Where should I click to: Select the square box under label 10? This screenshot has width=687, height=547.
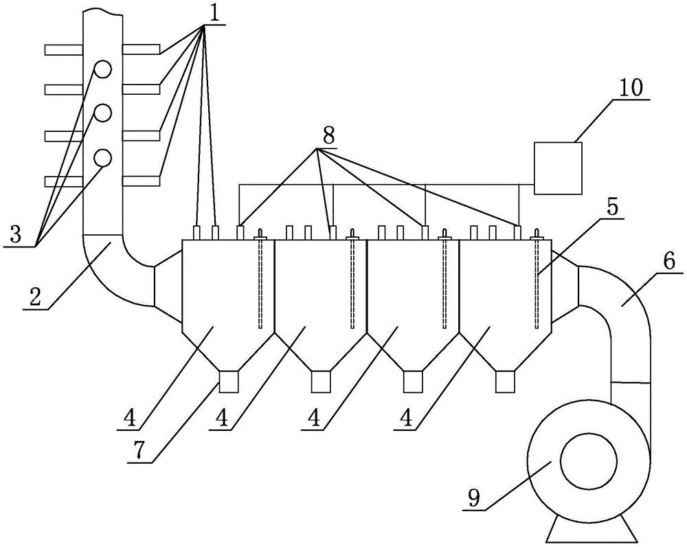(x=559, y=167)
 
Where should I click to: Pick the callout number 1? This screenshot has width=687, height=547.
(x=214, y=12)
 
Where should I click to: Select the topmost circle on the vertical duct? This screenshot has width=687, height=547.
(x=103, y=69)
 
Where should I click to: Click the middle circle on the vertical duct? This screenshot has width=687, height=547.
(x=103, y=113)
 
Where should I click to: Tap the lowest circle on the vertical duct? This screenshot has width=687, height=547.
(x=103, y=157)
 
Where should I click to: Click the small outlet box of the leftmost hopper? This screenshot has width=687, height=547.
(x=228, y=381)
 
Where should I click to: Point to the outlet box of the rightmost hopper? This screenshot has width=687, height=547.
(x=506, y=381)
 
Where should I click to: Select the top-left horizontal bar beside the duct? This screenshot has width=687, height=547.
(x=63, y=49)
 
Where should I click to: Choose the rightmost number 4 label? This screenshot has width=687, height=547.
(x=405, y=417)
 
